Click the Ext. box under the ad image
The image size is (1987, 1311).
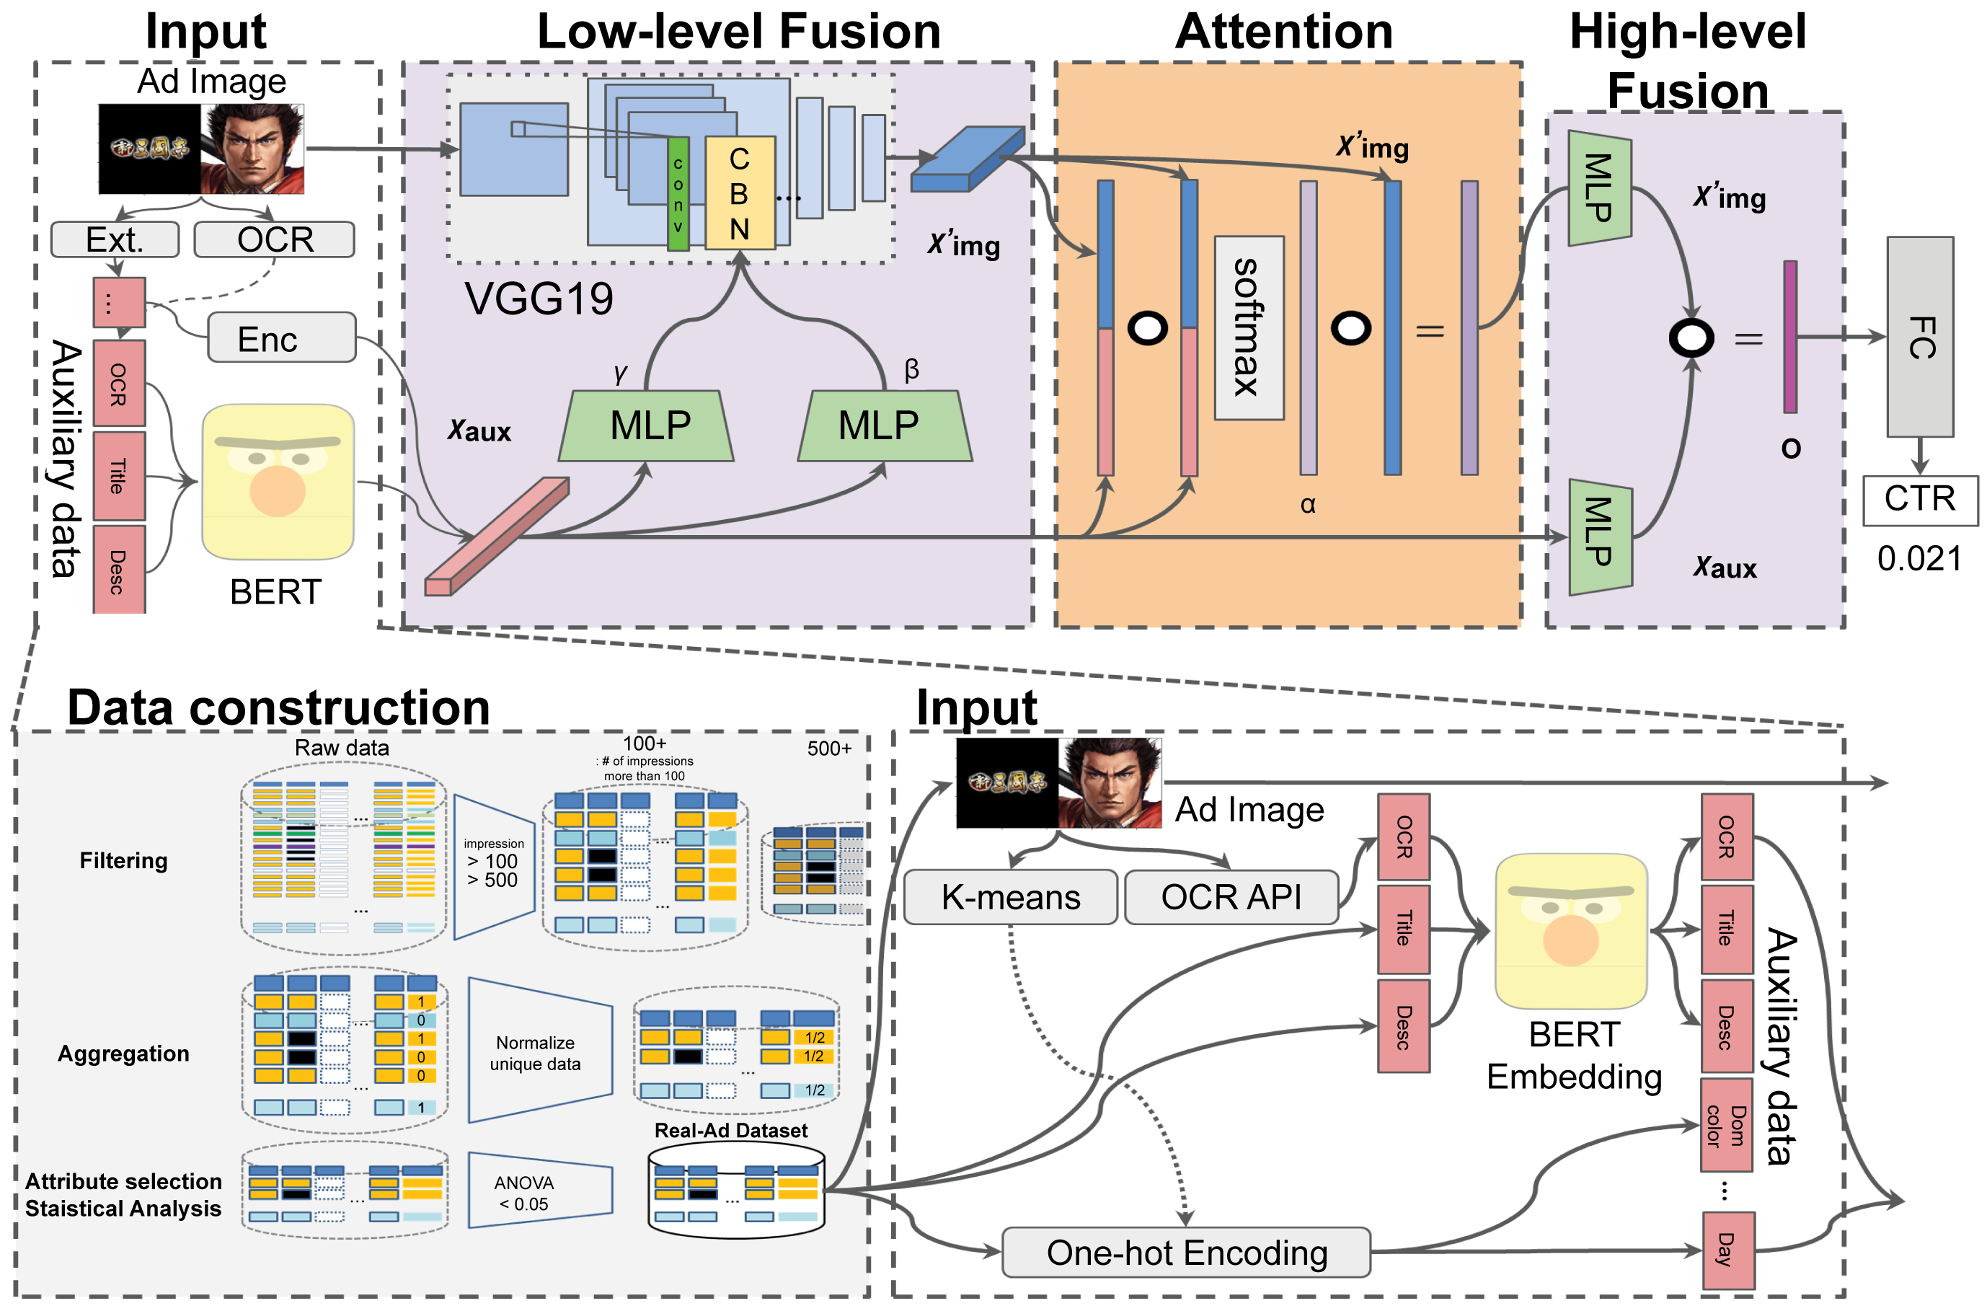point(115,239)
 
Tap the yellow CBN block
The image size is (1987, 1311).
point(739,193)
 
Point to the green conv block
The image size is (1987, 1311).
point(678,194)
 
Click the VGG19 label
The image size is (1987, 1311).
point(539,299)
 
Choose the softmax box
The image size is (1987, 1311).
point(1248,327)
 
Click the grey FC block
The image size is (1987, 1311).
point(1919,336)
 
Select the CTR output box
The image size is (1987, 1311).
point(1919,499)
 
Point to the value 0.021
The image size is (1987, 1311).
point(1919,559)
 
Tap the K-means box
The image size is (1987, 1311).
point(1010,897)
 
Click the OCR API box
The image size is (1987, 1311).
point(1231,897)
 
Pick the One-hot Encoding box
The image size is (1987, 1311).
point(1185,1253)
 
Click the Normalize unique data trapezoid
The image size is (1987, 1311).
point(539,1052)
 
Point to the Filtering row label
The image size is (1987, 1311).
point(124,860)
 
